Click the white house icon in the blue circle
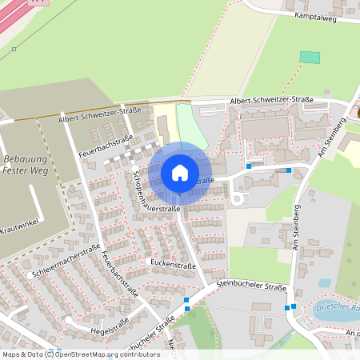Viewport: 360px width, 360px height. (x=180, y=173)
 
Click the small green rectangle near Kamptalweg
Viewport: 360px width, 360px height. (x=309, y=58)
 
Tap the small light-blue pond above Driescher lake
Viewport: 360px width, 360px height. (x=324, y=282)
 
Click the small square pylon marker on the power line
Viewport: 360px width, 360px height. (x=14, y=49)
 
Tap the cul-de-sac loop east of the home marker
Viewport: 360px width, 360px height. (x=238, y=196)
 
